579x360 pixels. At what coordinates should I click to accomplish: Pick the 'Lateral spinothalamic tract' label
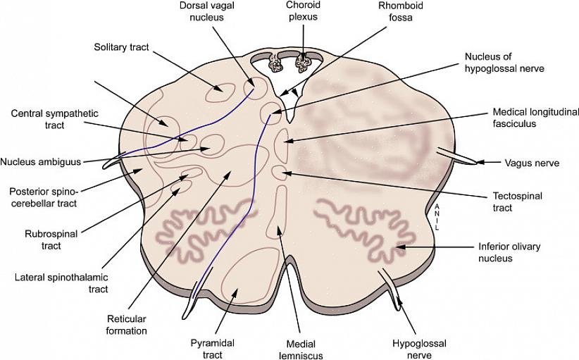click(61, 283)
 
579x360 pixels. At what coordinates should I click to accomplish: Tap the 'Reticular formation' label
click(127, 324)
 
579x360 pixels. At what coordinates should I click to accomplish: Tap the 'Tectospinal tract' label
click(518, 202)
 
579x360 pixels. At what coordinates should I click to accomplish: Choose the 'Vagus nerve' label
click(532, 163)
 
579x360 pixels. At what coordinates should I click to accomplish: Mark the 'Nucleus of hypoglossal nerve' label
click(504, 62)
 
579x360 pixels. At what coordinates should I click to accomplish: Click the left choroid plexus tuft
click(275, 65)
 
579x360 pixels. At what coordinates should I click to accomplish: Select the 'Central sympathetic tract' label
click(54, 119)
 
